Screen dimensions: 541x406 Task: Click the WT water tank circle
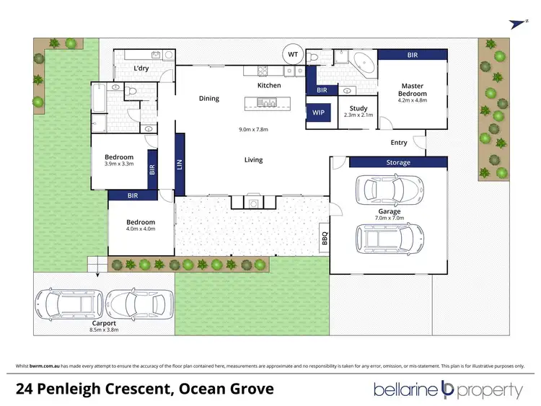(293, 54)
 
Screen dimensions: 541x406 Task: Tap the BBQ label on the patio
(325, 238)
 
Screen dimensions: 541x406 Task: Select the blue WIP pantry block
(318, 112)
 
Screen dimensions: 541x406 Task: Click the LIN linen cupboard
(180, 164)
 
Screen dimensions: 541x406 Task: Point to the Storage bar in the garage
(398, 162)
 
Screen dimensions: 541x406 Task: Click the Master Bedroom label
(413, 89)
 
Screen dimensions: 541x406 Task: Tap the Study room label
(359, 108)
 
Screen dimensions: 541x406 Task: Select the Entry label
(399, 143)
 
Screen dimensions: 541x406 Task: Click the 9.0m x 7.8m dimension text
(253, 129)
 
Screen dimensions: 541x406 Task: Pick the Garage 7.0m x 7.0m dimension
(390, 218)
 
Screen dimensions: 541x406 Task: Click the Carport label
(104, 323)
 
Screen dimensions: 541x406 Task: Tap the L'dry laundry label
(141, 69)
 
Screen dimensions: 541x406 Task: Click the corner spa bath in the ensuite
(364, 63)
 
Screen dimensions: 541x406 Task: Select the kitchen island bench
(268, 103)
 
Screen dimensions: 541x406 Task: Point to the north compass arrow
(517, 24)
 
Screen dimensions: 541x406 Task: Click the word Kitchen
(269, 85)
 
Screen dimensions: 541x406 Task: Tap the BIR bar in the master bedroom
(413, 55)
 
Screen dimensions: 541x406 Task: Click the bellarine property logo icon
(447, 389)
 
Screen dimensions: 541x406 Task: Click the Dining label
(209, 99)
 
